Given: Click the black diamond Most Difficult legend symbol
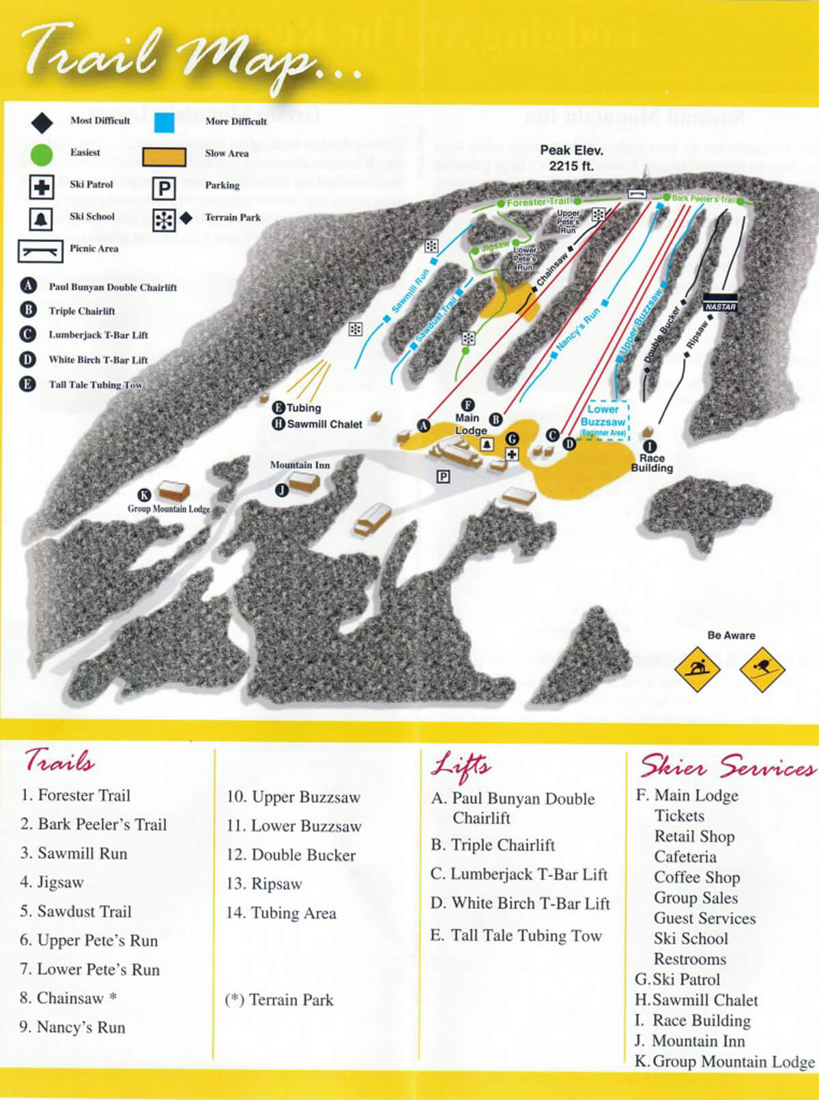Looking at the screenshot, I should pos(42,123).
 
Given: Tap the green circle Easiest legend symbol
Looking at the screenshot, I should pos(41,155).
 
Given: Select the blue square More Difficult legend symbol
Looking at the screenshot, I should pos(164,123).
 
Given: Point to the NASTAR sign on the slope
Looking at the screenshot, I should pos(720,306).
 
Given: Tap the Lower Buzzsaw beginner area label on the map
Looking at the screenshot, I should pos(603,418).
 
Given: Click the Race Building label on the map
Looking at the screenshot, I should pos(652,463).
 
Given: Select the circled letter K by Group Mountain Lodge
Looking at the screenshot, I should pos(144,495).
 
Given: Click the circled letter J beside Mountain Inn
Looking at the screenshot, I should pos(281,490).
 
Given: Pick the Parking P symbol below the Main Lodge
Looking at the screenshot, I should pos(443,477).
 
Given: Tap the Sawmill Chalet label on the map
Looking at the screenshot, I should pos(324,424).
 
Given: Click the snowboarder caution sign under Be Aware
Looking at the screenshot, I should pos(697,668).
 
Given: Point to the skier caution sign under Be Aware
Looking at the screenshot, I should pos(762,668).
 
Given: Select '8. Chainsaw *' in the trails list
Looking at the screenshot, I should pos(68,998).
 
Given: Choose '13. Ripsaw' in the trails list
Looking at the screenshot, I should pos(264,884).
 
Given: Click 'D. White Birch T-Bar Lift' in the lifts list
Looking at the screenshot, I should pos(520,904).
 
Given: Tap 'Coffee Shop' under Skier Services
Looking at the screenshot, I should pos(696,878).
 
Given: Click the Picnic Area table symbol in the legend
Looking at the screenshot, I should pos(40,250).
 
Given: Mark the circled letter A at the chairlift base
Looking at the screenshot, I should pos(424,426).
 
